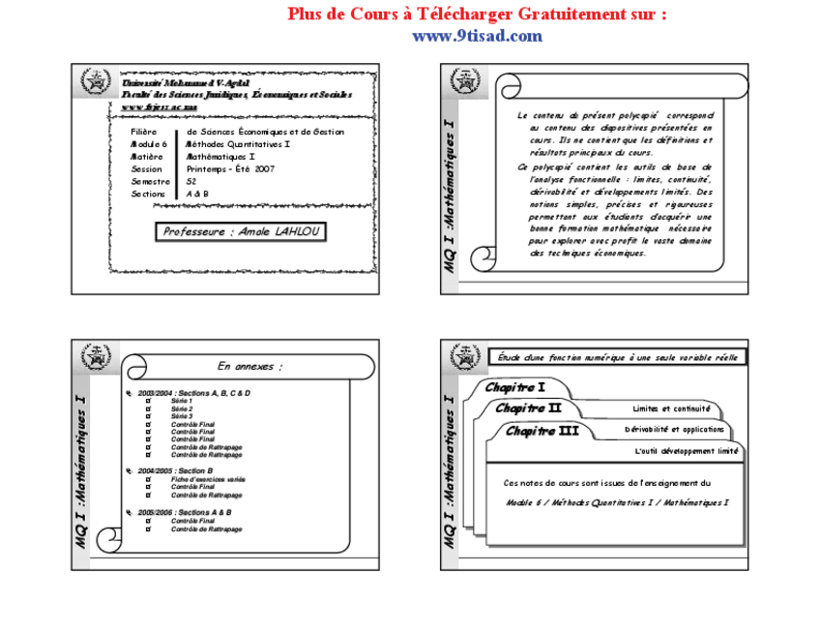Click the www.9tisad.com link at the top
477,36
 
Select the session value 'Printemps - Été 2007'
231,168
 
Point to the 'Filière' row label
144,132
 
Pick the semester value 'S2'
192,181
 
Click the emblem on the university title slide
96,82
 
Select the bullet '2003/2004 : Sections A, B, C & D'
193,393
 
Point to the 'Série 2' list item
182,408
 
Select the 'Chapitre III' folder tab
542,431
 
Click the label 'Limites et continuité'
671,409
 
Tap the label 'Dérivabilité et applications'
674,430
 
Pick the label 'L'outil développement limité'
687,451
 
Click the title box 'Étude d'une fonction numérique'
617,357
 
